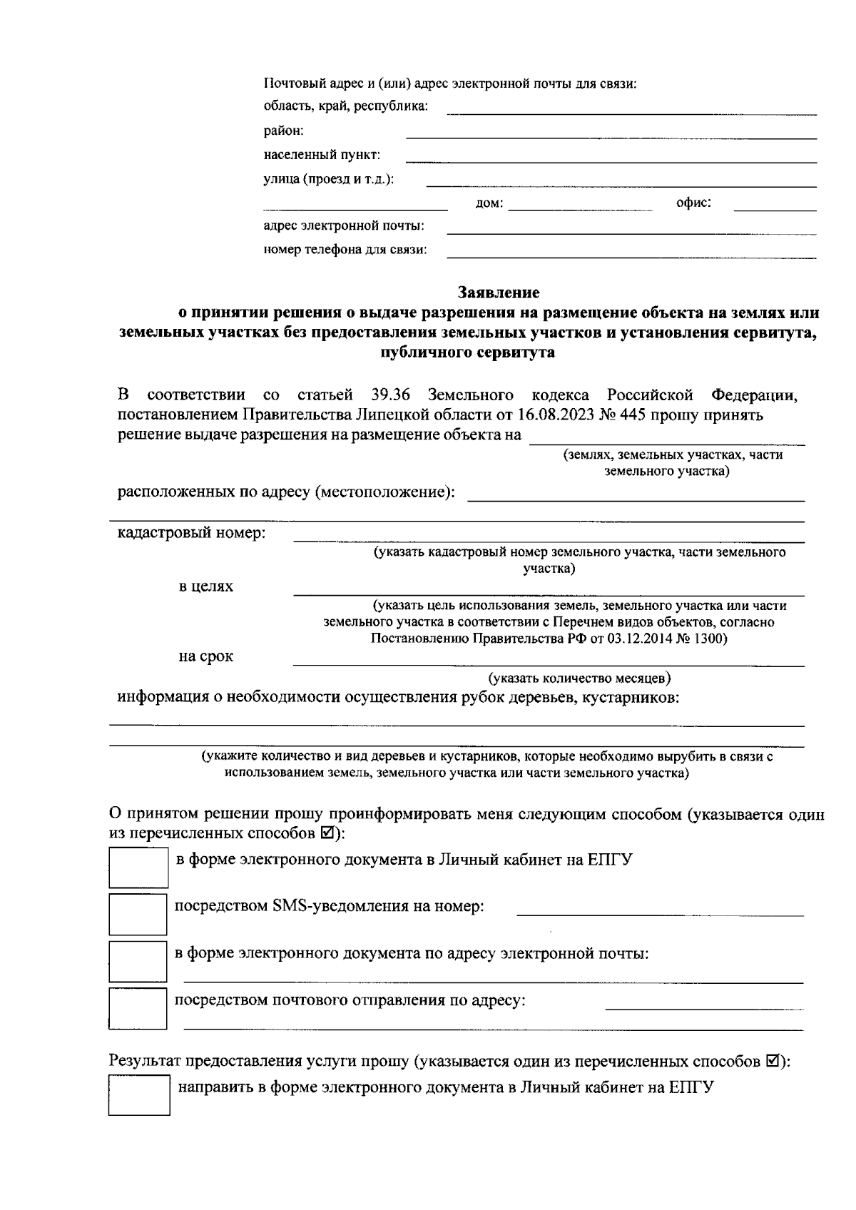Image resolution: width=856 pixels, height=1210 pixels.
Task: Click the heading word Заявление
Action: (499, 293)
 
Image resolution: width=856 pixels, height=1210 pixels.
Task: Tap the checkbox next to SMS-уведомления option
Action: (138, 914)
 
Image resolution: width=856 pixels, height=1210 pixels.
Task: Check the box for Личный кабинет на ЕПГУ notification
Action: (138, 867)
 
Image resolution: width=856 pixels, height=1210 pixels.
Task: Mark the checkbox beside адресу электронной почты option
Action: (138, 961)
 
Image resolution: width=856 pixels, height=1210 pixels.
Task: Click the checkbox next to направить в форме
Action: (139, 1095)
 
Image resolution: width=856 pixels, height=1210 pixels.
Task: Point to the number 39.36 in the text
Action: (390, 395)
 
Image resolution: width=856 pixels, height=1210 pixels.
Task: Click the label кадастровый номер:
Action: (191, 533)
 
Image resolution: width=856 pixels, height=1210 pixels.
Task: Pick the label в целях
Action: (205, 587)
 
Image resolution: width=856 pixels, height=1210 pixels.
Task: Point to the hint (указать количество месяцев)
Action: (579, 678)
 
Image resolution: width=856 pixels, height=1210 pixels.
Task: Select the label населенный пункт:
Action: (322, 155)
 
